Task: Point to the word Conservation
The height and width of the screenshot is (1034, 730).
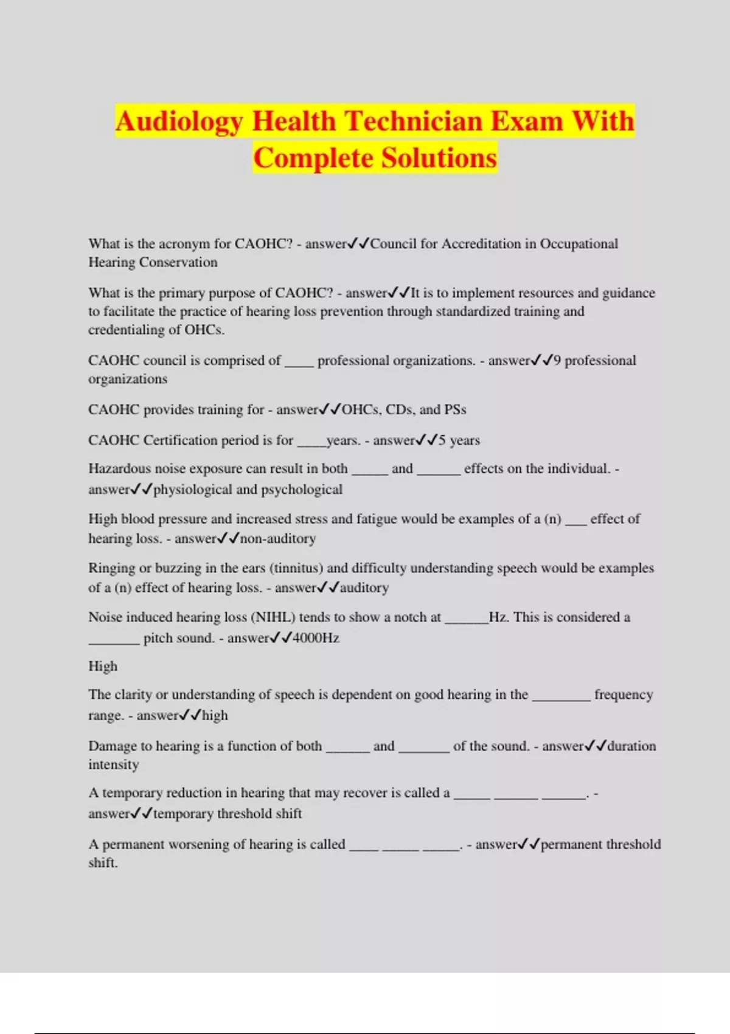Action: (178, 262)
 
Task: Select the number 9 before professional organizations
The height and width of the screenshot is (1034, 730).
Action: (557, 361)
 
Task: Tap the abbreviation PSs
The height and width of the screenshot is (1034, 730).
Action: (455, 409)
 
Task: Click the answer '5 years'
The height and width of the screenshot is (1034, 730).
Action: (459, 440)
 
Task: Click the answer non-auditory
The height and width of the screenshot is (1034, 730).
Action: (278, 538)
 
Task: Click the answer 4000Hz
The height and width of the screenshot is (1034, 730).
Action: (316, 638)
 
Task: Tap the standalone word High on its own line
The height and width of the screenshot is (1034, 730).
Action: (103, 667)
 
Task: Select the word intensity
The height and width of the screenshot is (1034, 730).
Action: (114, 765)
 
